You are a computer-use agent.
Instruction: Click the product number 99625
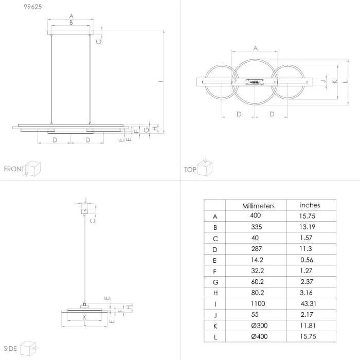click(33, 7)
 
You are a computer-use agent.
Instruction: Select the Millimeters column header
click(258, 206)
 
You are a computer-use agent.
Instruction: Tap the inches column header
click(310, 205)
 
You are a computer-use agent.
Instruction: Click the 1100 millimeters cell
click(258, 303)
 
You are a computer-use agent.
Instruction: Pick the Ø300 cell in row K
click(259, 326)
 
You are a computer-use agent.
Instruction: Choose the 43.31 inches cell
click(309, 303)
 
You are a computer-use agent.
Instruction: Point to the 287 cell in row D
click(257, 248)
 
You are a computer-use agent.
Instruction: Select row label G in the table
click(215, 282)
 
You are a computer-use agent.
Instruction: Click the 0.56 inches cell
click(307, 260)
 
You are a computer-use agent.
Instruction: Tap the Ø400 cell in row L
click(259, 336)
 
